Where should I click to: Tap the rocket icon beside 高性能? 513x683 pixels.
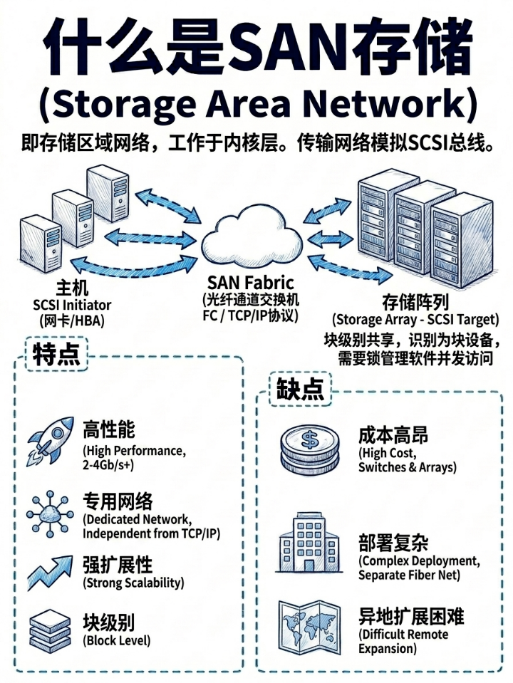click(x=50, y=442)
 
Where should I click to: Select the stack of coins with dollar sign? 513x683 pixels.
click(x=309, y=449)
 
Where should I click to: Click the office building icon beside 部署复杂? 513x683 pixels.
click(x=309, y=542)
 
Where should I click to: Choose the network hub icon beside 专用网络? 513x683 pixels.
click(x=48, y=515)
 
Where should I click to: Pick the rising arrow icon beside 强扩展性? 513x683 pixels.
click(x=50, y=573)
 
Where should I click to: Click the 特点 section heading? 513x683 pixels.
click(x=56, y=354)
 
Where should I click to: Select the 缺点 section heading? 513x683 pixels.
click(x=300, y=388)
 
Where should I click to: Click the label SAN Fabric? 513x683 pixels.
click(x=251, y=283)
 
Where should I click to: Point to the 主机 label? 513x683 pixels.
click(x=73, y=288)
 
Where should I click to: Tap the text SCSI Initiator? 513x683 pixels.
click(x=72, y=305)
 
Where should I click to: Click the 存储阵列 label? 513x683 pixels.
click(x=415, y=302)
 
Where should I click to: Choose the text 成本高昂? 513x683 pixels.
click(x=393, y=435)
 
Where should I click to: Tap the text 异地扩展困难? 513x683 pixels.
click(x=411, y=616)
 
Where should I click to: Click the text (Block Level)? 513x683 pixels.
click(x=116, y=640)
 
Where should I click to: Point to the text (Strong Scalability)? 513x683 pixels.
click(x=133, y=583)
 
